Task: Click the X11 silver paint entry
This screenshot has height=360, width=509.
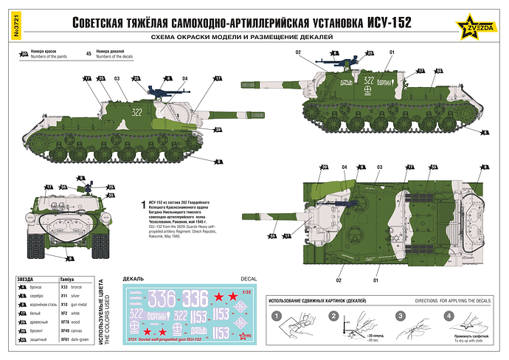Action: tap(74, 294)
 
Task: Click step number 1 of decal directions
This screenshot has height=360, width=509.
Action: tap(276, 316)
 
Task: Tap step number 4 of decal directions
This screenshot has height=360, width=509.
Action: tap(449, 316)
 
